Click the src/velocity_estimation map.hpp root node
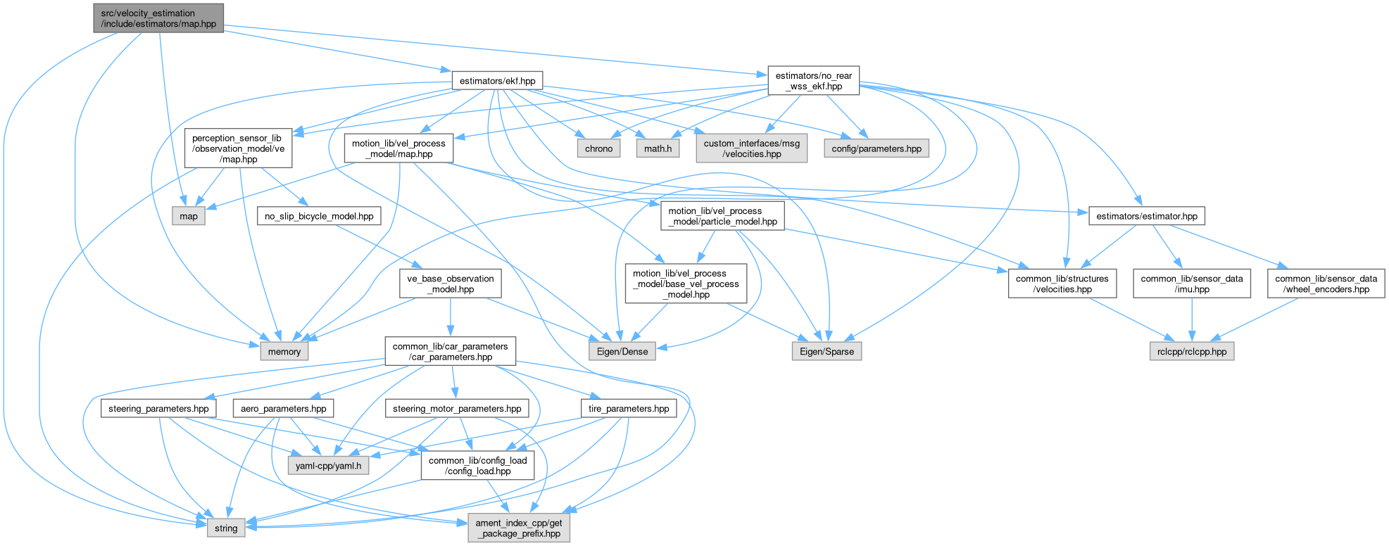pos(158,18)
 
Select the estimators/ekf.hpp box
pos(497,81)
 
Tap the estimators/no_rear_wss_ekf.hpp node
pos(813,81)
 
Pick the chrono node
pos(598,148)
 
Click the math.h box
pos(658,148)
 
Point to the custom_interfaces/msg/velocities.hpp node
pos(751,148)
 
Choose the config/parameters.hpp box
pos(876,148)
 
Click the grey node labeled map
pos(189,216)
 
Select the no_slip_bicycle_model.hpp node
pos(319,216)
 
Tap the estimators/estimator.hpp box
pos(1146,216)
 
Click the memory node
pos(284,351)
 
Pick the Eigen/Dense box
pos(622,351)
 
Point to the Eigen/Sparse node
pos(827,351)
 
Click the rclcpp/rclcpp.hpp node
pos(1191,351)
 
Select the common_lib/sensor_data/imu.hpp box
pos(1191,284)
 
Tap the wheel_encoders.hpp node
pos(1326,284)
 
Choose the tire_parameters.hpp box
pos(629,408)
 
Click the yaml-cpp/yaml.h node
pos(328,466)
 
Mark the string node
pos(226,528)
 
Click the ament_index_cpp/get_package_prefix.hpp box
pos(519,528)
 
